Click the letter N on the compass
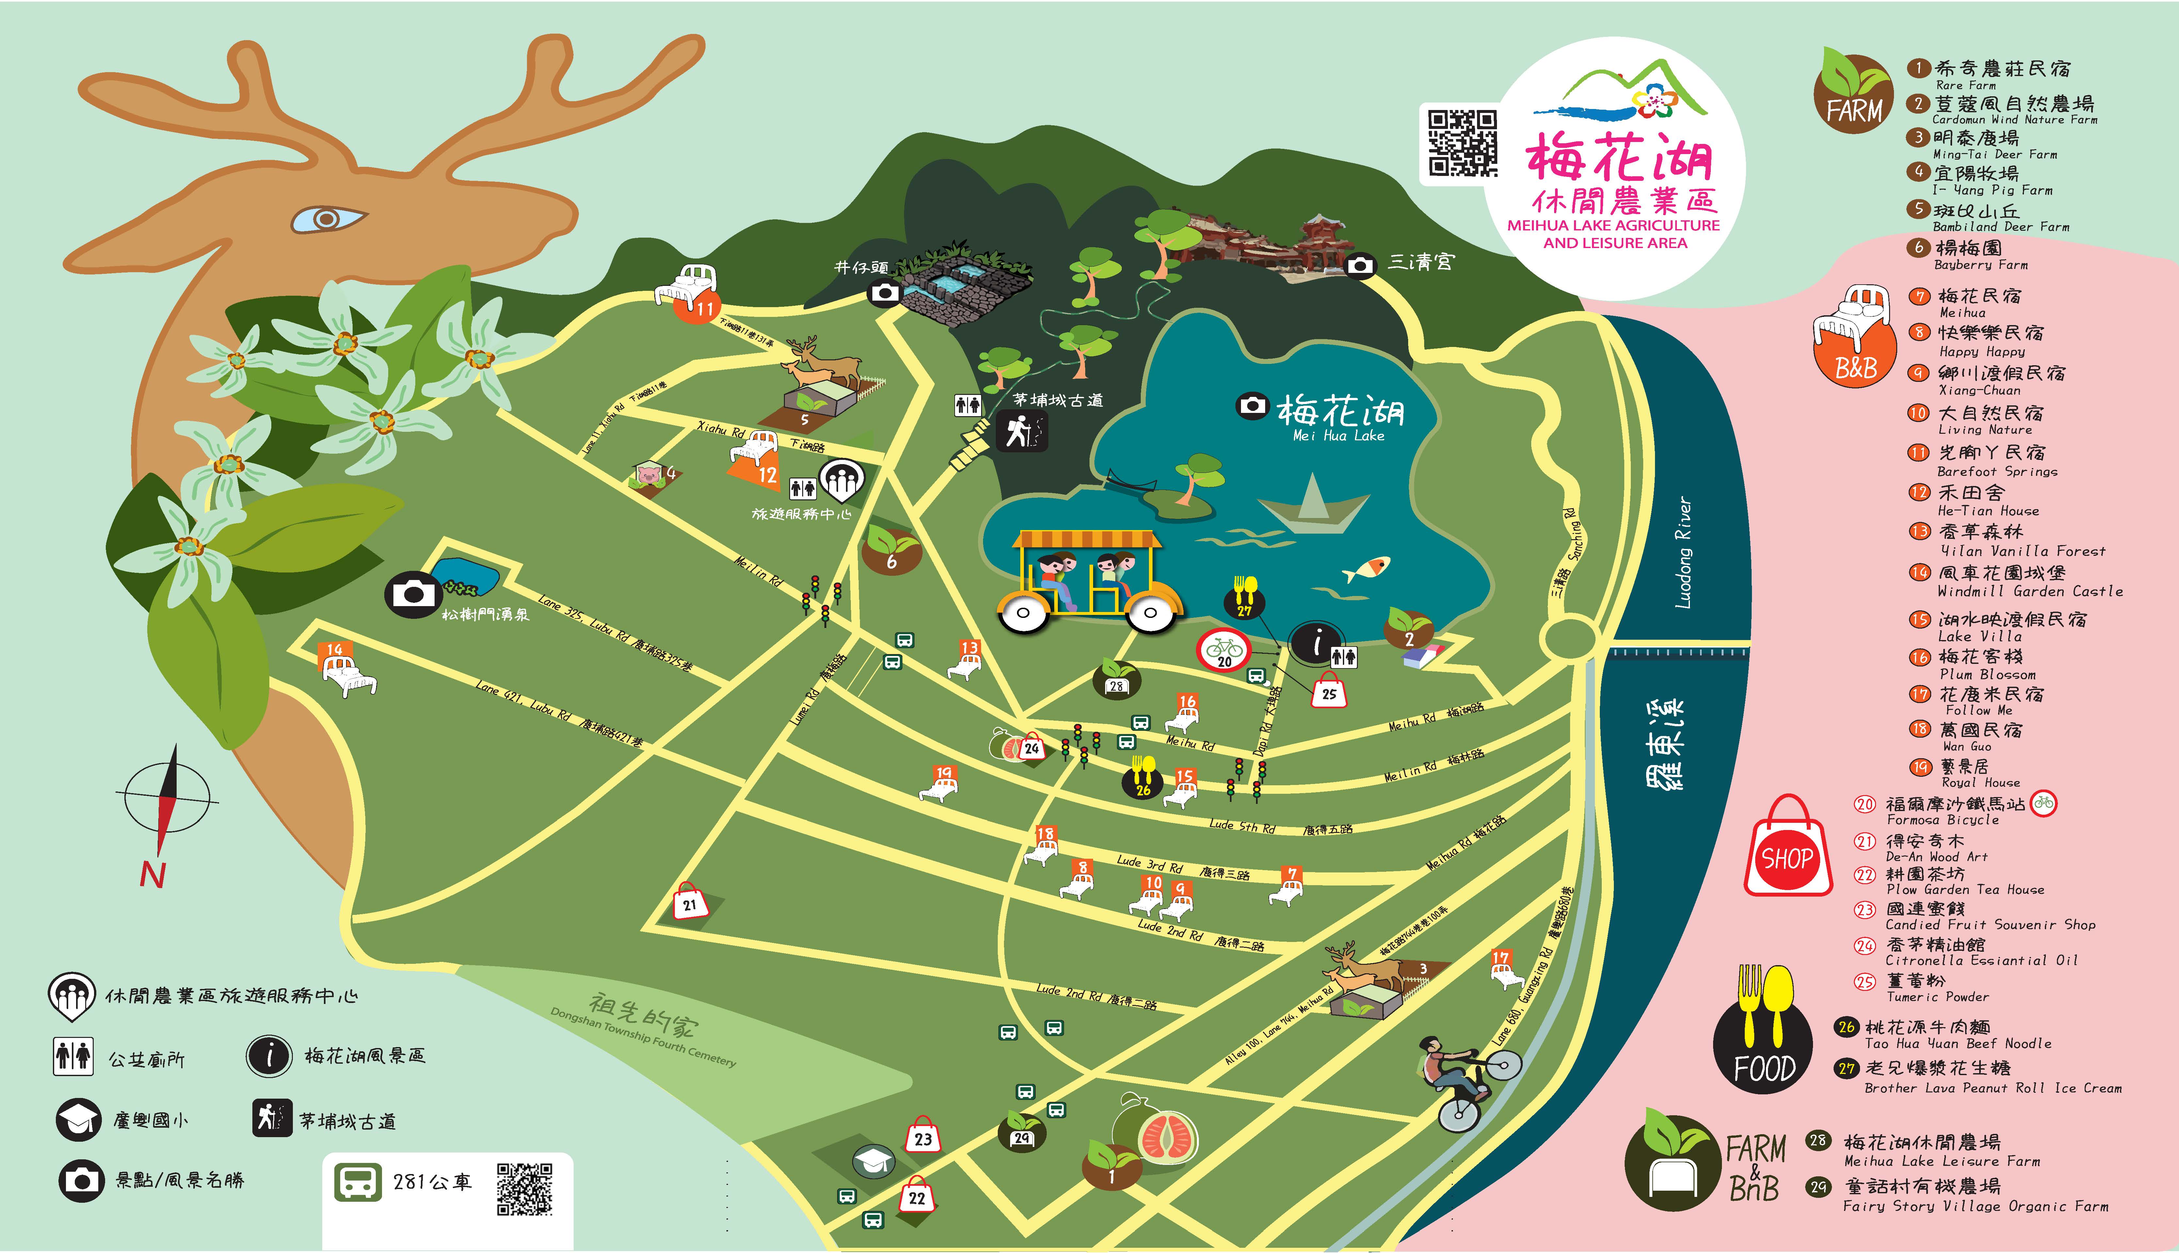152,874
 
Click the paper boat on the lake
1312,508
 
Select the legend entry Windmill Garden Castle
2029,591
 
